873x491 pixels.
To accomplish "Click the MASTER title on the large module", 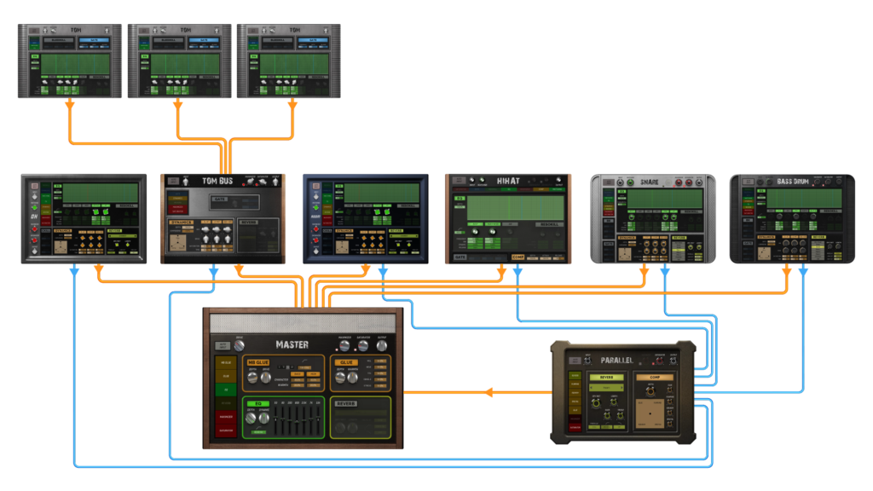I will coord(292,344).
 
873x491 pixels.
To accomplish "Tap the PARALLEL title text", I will coord(617,360).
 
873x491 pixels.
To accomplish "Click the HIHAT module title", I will coord(508,181).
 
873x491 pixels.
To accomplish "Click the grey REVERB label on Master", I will coord(346,403).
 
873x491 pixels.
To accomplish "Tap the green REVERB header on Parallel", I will coord(606,376).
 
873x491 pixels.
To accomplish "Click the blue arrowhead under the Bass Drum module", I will coord(803,272).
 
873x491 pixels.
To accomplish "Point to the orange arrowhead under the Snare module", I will coord(645,272).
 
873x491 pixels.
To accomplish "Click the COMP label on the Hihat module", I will coord(518,257).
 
